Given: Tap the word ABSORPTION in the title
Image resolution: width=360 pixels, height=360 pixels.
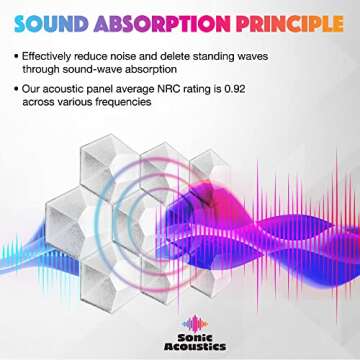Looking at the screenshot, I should click(159, 20).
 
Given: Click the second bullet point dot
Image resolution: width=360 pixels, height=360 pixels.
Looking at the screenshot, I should click(21, 89).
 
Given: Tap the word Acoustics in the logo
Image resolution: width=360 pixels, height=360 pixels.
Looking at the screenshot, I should click(180, 342).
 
